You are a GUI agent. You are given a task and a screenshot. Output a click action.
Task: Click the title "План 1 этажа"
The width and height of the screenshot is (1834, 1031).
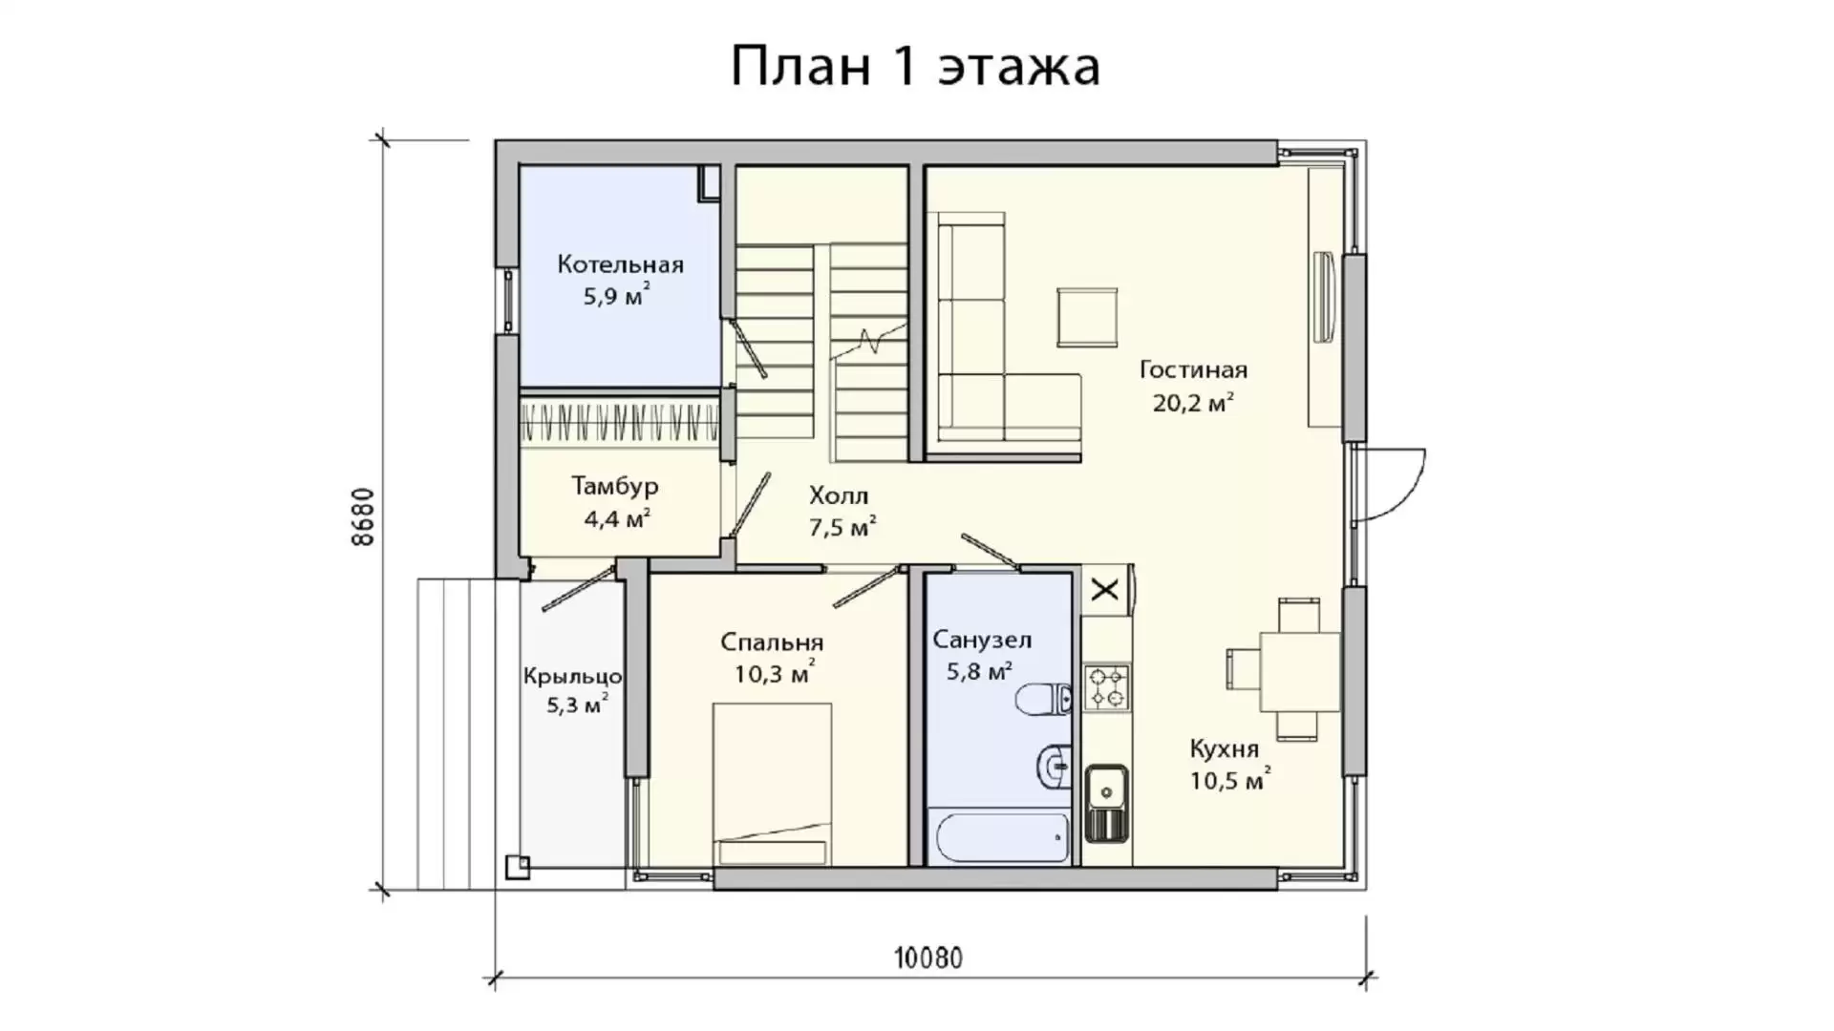click(915, 66)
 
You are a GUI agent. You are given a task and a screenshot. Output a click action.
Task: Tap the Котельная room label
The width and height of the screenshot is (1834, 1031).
click(621, 264)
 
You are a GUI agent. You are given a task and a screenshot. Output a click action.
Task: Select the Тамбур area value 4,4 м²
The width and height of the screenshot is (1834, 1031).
click(617, 518)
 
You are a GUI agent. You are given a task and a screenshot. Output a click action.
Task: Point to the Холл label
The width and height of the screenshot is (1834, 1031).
click(839, 495)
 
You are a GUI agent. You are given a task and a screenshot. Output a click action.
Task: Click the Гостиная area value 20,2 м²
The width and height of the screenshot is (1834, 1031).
click(1193, 402)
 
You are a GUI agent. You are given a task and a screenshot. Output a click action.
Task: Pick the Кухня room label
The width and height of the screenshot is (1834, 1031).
click(1224, 749)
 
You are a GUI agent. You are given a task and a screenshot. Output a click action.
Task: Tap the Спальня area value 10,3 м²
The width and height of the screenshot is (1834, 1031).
click(775, 674)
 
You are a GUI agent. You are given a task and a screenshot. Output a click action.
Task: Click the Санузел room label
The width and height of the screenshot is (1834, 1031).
click(982, 640)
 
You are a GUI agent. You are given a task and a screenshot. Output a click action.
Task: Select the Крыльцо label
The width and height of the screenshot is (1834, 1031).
click(573, 677)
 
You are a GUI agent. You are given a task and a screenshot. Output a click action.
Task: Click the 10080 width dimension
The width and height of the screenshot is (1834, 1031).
click(928, 957)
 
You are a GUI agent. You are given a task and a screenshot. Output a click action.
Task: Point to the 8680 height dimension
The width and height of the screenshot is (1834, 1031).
click(364, 516)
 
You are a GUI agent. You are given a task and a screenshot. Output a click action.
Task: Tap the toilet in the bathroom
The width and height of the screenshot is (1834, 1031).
click(1043, 699)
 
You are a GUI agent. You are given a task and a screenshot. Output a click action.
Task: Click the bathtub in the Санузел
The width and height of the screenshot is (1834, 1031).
click(1002, 836)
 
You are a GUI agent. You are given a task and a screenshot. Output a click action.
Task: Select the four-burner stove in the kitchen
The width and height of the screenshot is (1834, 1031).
click(1106, 687)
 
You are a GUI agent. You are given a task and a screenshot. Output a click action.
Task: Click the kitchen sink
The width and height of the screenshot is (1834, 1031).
click(1106, 803)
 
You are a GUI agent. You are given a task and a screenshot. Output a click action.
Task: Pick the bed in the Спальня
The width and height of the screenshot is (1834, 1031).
click(772, 784)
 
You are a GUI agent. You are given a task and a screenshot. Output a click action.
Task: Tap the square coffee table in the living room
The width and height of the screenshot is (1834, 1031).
click(1087, 317)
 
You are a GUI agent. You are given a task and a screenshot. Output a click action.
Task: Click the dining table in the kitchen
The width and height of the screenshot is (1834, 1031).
click(1300, 671)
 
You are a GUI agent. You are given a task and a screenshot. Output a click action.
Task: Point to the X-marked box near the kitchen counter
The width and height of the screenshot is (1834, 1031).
click(1105, 589)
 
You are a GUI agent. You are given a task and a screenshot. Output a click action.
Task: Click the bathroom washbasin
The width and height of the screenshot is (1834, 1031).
click(1054, 765)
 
